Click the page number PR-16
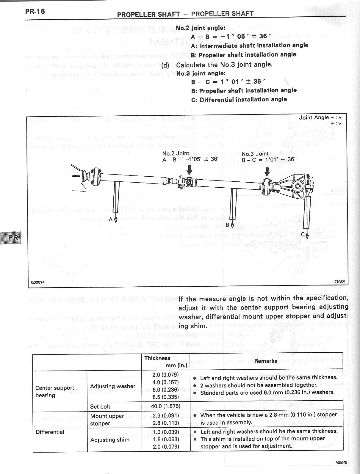[35, 12]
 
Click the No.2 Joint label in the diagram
[176, 153]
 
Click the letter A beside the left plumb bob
[111, 219]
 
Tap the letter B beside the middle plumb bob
[228, 225]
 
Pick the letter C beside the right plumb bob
[303, 235]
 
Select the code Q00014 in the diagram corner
[37, 282]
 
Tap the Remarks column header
[266, 361]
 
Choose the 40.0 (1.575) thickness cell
[165, 406]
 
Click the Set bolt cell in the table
[100, 406]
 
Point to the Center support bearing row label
[54, 392]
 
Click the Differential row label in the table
[50, 432]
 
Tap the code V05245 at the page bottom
[341, 462]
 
